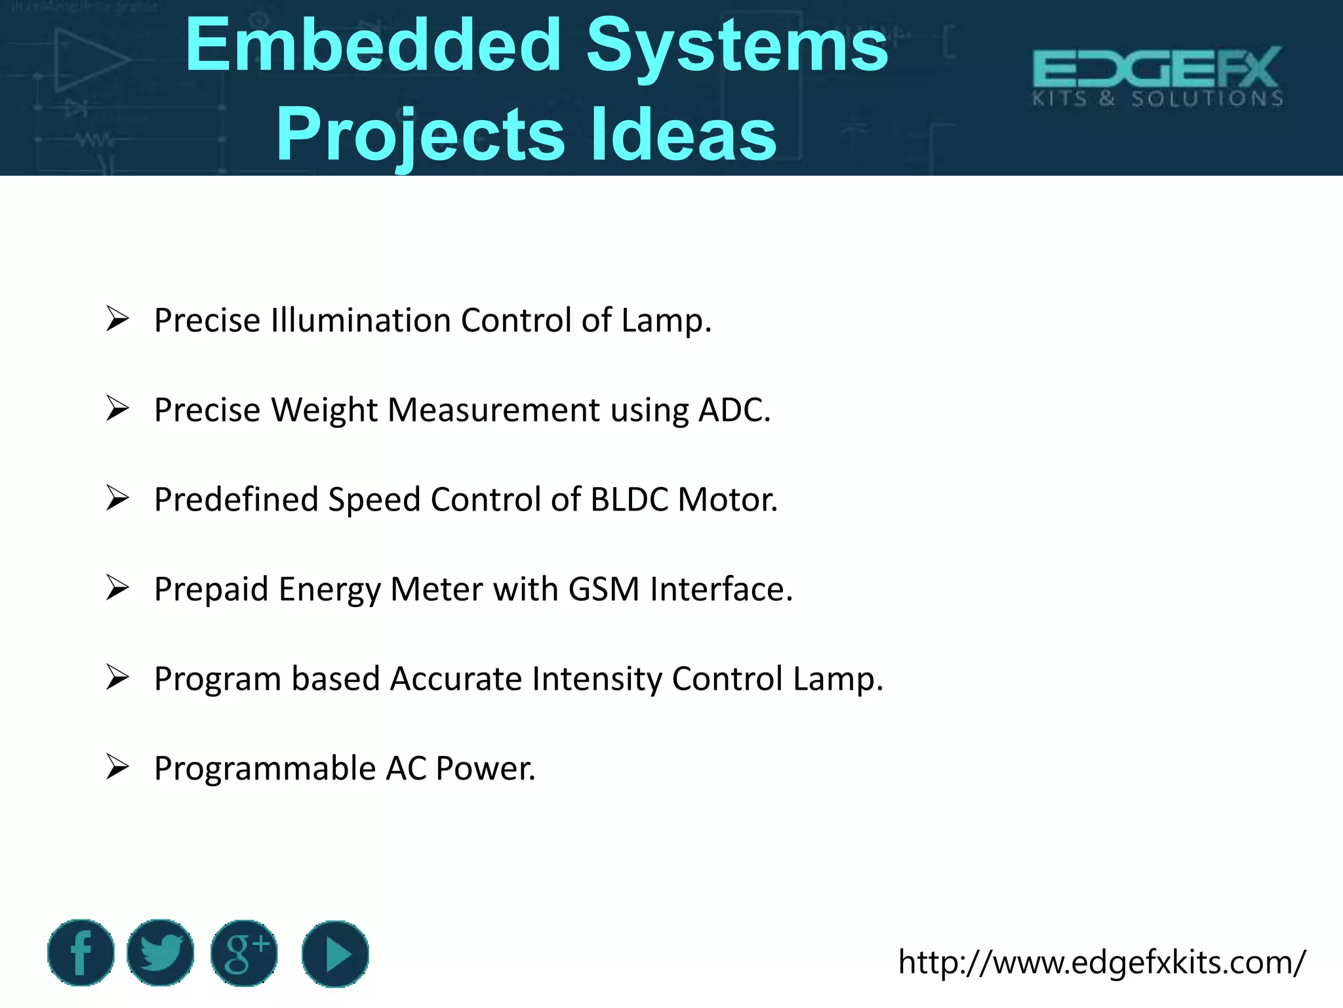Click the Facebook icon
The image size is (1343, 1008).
[81, 953]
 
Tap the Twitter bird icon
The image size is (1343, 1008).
[161, 953]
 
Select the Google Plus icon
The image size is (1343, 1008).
[244, 953]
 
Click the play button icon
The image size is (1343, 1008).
[335, 954]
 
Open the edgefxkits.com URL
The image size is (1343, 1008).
[1102, 963]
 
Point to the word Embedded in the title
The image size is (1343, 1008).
[373, 45]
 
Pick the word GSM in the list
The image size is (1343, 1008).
[603, 589]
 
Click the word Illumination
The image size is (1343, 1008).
[361, 321]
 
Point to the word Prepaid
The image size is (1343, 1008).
[211, 589]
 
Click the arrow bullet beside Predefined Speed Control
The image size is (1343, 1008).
[117, 498]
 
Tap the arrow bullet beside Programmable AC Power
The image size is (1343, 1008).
[117, 766]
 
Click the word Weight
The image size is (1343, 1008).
[324, 411]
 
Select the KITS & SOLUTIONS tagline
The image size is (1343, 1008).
[1157, 99]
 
